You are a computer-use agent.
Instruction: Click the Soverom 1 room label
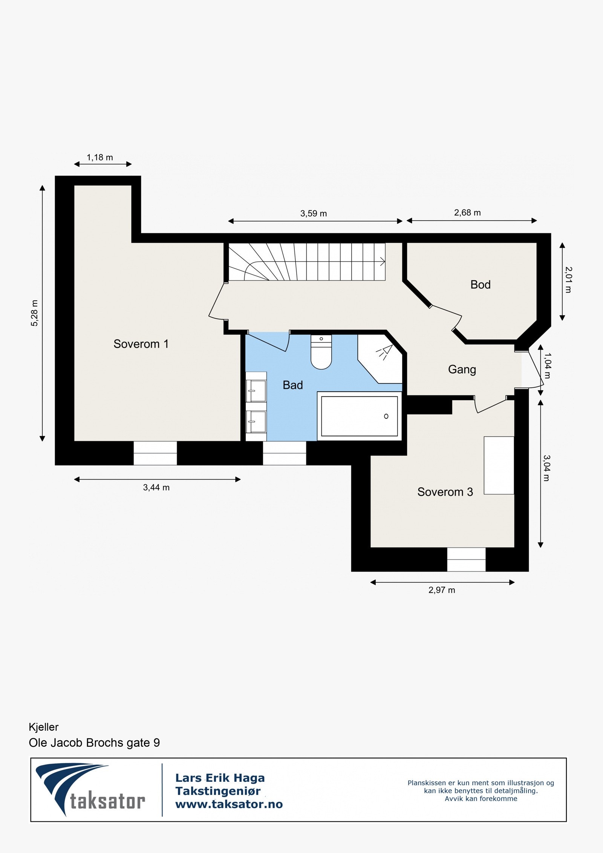point(141,344)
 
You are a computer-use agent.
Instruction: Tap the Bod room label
point(481,285)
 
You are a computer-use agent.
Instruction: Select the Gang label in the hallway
point(462,369)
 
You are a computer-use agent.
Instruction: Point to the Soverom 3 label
point(445,492)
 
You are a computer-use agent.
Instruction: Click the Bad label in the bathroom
point(293,385)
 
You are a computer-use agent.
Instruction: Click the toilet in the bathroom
point(321,352)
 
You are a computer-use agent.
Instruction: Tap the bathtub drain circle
point(386,416)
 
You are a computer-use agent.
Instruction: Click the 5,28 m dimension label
point(34,313)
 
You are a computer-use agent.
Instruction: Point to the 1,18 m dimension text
point(100,158)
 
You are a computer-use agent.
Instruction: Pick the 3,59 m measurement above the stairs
point(314,214)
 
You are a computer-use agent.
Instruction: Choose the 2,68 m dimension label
point(467,213)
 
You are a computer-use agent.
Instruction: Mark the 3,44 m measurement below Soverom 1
point(156,487)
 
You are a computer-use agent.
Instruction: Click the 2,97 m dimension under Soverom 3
point(442,590)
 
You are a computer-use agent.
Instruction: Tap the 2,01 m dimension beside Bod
point(568,280)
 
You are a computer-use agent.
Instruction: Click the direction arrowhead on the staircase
point(383,261)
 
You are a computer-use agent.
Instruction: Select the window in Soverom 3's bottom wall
point(466,559)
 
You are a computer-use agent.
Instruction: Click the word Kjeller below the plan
point(44,727)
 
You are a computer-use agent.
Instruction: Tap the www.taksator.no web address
point(229,804)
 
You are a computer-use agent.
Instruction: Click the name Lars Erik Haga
point(220,778)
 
